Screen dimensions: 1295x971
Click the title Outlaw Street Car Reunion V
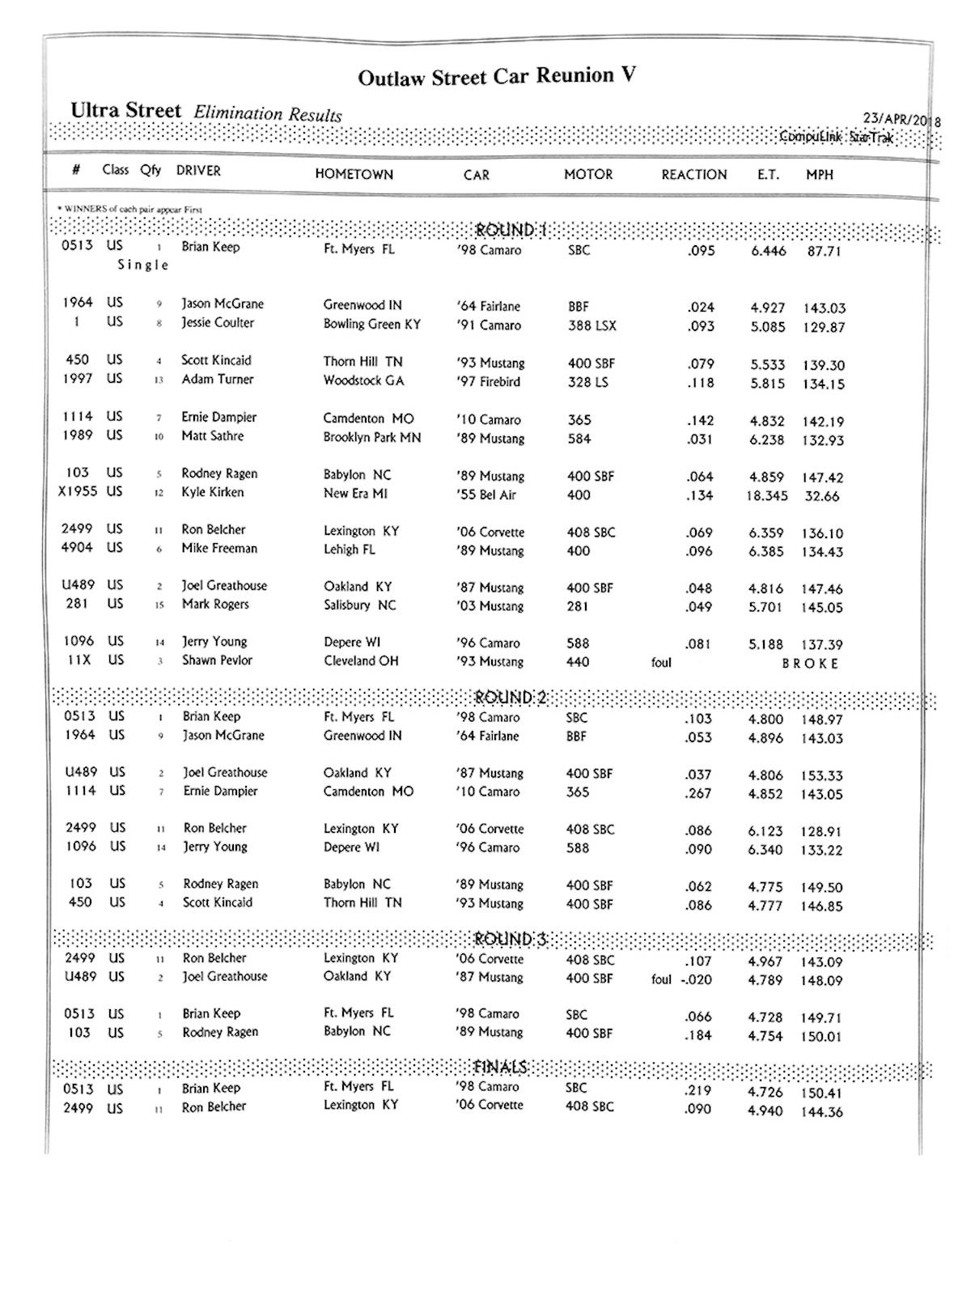coord(497,77)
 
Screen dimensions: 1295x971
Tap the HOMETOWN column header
coord(354,174)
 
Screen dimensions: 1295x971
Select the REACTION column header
coord(693,174)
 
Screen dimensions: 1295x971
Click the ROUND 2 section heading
coord(511,698)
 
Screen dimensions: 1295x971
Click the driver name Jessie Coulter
coord(217,323)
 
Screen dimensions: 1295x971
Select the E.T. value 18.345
coord(766,495)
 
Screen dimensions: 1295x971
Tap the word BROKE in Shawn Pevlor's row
coord(810,664)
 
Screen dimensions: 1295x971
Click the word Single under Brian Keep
coord(143,265)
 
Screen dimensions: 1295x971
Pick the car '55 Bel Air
coord(485,495)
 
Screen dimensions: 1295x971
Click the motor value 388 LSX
coord(592,325)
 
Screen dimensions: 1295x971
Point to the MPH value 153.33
coord(821,775)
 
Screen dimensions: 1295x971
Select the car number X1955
coord(79,491)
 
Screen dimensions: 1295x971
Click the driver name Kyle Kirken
coord(212,492)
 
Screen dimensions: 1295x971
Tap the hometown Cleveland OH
coord(361,660)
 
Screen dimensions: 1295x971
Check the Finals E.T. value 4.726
coord(765,1093)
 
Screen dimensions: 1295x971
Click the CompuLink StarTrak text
coord(836,138)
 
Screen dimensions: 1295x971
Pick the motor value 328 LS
coord(587,382)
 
